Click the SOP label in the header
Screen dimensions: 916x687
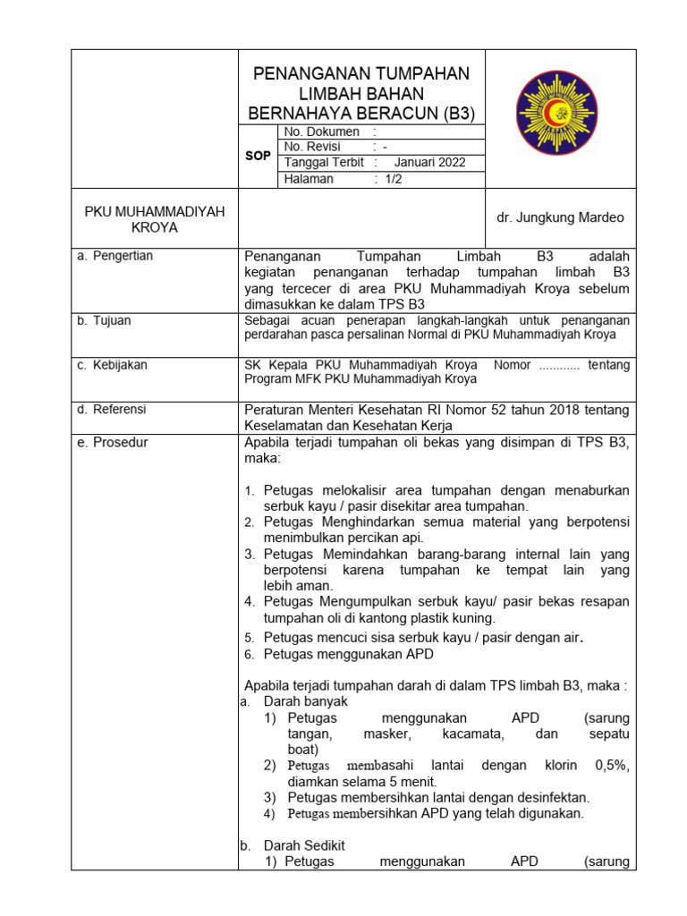[x=258, y=156]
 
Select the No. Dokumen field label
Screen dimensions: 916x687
[x=321, y=131]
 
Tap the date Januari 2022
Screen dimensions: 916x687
[x=429, y=163]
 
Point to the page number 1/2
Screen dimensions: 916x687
[x=394, y=179]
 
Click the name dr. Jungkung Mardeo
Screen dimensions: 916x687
[x=560, y=218]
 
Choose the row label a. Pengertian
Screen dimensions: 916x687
[x=114, y=256]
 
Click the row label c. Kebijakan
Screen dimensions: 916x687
[x=112, y=365]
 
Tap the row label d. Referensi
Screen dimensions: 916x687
[x=112, y=410]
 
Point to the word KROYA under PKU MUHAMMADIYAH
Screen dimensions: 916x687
[x=155, y=227]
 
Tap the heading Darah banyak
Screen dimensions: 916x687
[x=305, y=702]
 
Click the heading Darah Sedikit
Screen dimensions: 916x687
[x=304, y=845]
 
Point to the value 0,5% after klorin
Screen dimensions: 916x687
[x=612, y=766]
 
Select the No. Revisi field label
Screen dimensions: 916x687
[x=312, y=147]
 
